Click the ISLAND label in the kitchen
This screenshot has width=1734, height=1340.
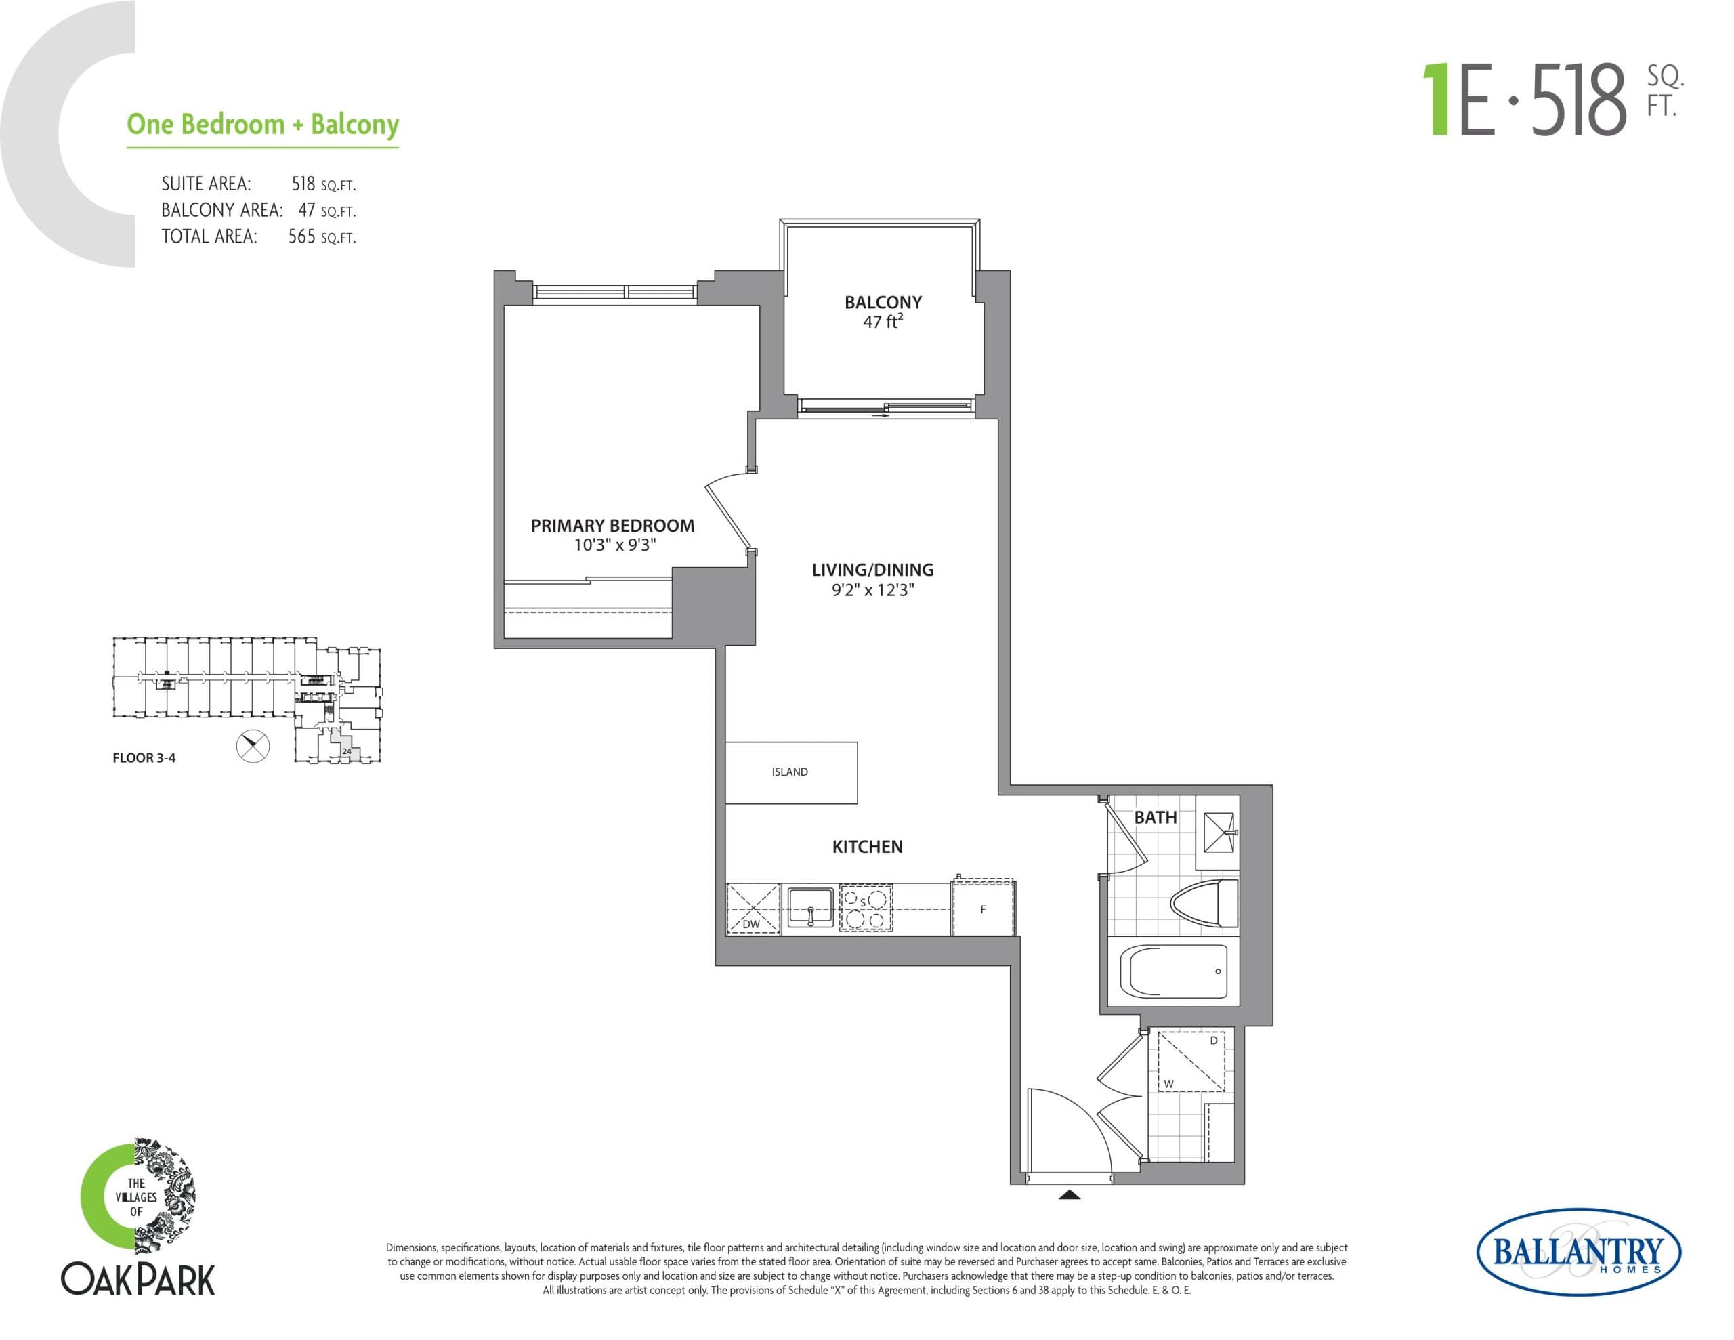(x=789, y=771)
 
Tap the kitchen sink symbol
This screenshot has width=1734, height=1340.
(x=810, y=907)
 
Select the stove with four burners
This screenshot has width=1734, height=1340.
(x=866, y=908)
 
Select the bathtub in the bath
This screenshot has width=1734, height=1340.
(x=1173, y=971)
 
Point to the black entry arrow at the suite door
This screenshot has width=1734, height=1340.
(x=1070, y=1194)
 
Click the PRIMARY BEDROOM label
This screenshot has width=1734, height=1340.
(x=612, y=525)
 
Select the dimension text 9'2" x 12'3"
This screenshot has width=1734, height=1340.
(x=872, y=590)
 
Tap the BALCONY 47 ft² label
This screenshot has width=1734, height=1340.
(x=883, y=312)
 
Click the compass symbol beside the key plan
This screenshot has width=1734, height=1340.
(x=253, y=746)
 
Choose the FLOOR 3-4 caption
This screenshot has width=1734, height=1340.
(x=144, y=758)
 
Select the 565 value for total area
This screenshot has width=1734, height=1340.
(x=301, y=236)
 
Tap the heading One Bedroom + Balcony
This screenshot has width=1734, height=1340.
(x=263, y=125)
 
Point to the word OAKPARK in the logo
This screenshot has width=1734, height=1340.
(x=138, y=1280)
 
